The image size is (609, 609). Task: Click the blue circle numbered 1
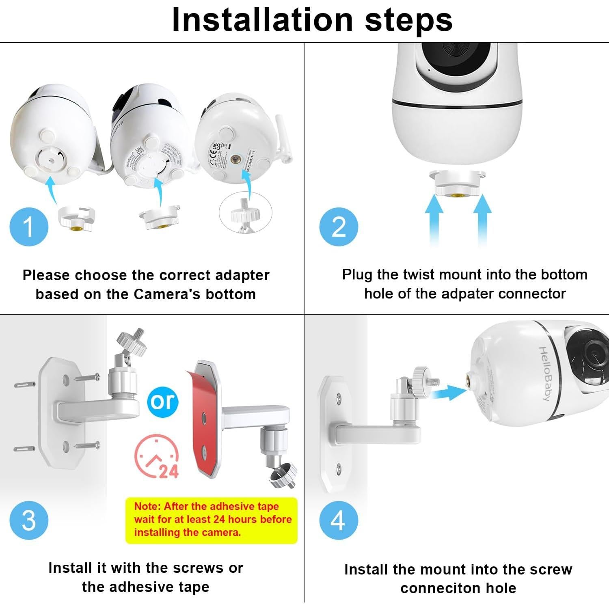tap(29, 227)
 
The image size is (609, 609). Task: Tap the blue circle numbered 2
tap(339, 227)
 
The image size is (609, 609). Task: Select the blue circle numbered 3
tap(29, 520)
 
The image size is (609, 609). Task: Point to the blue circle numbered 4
tap(339, 520)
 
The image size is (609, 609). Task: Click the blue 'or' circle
tap(163, 402)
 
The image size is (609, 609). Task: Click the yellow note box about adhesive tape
tap(212, 520)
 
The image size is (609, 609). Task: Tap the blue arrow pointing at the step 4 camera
tap(449, 393)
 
